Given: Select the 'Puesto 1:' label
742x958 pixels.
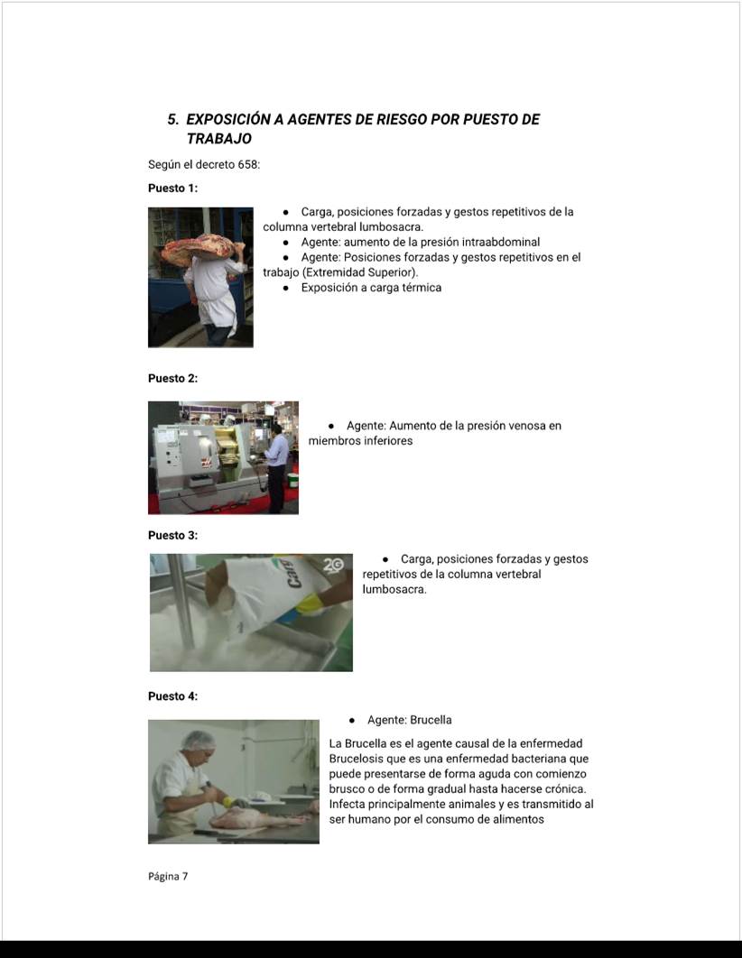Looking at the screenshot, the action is (173, 189).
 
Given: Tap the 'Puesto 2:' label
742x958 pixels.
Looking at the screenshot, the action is (173, 378).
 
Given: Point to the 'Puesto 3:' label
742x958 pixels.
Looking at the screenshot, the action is (173, 535).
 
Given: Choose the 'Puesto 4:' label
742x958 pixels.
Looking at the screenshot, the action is (173, 695).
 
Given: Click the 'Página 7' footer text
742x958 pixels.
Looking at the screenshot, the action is (168, 876).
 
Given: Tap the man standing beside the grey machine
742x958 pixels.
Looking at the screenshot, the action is (276, 468).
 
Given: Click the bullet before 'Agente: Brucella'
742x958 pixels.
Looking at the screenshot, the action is (351, 721).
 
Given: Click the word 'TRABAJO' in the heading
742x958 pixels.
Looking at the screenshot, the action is (218, 139).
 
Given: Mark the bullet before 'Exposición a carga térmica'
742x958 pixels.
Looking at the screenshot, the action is (285, 288).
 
